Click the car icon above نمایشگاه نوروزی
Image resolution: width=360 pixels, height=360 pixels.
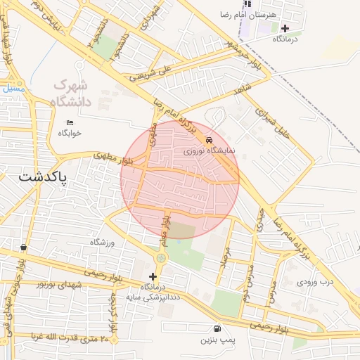pyautogui.click(x=209, y=140)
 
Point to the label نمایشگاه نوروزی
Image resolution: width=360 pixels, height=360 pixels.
pyautogui.click(x=203, y=150)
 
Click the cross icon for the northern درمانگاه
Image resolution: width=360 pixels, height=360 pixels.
pyautogui.click(x=285, y=29)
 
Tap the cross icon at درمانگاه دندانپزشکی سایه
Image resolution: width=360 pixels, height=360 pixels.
pyautogui.click(x=153, y=276)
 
